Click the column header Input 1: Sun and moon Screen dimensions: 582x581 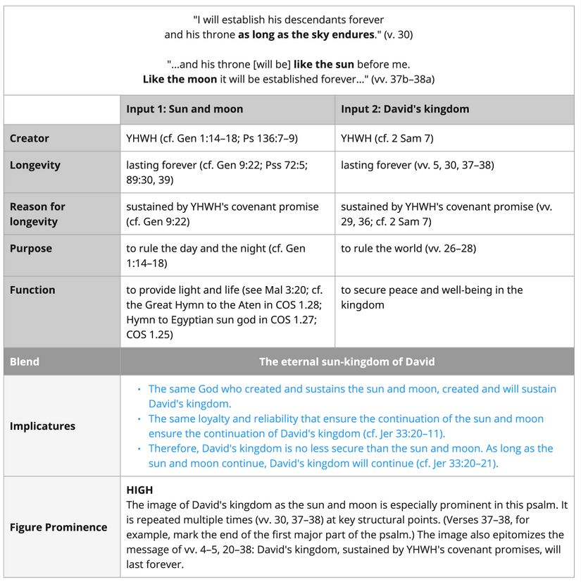(185, 109)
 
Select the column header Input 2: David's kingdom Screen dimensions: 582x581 (405, 109)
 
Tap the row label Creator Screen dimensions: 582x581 (30, 138)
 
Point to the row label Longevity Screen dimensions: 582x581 (35, 165)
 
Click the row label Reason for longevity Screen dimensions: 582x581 (37, 214)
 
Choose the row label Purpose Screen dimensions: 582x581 (31, 248)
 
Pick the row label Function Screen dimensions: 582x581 (32, 290)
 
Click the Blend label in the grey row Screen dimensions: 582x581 (25, 361)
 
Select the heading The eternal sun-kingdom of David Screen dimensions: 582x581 (346, 361)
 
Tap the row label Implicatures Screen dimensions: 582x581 (42, 426)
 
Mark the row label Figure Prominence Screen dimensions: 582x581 (58, 527)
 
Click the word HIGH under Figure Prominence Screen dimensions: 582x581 (139, 490)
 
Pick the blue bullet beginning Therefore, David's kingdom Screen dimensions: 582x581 (351, 456)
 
